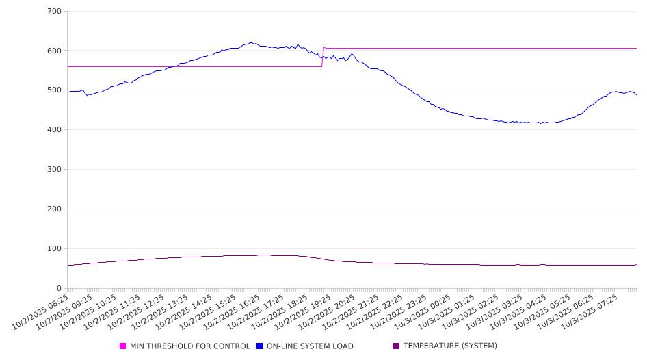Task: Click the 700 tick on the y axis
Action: click(55, 12)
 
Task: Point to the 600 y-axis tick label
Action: click(55, 51)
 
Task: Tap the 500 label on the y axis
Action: click(55, 90)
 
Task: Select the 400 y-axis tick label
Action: click(55, 130)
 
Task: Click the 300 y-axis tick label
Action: click(55, 170)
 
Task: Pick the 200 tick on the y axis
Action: click(55, 209)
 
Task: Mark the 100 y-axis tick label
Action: click(55, 249)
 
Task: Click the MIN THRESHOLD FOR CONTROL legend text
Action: click(189, 346)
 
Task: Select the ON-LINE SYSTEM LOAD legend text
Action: click(310, 346)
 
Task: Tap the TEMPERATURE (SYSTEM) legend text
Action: click(450, 346)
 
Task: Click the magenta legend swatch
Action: click(123, 346)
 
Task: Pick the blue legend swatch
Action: click(260, 346)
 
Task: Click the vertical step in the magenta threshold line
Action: click(323, 57)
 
